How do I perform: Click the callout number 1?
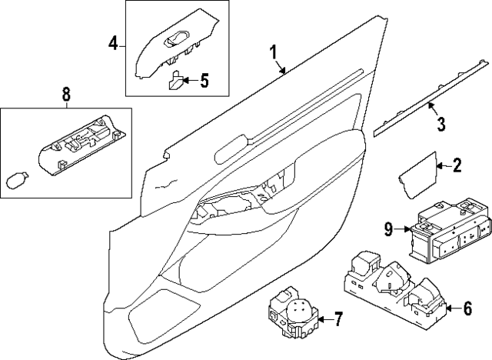coord(272,52)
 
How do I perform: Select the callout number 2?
coord(457,165)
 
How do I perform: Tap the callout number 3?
coord(440,123)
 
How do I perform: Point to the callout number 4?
coord(113,44)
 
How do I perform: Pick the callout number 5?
coord(204,79)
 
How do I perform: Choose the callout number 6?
coord(467,309)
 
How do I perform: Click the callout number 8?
coord(65,95)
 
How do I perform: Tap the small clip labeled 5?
coord(176,79)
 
